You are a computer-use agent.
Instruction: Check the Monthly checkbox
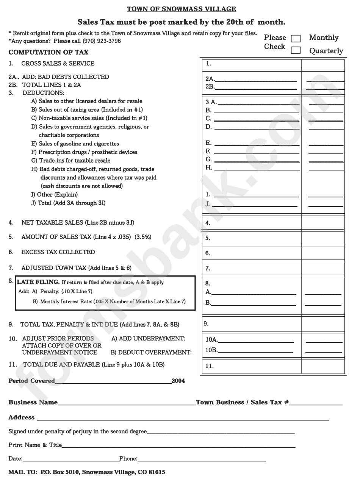point(296,38)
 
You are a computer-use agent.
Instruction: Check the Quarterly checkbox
point(296,50)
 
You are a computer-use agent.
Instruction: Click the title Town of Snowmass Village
point(181,9)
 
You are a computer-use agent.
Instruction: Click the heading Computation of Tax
point(49,52)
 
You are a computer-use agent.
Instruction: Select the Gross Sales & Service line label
point(58,63)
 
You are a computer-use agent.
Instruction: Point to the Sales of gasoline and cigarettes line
point(78,144)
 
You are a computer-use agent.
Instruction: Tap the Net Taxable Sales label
point(52,222)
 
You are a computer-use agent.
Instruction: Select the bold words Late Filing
point(38,282)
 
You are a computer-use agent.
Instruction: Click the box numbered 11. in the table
point(251,366)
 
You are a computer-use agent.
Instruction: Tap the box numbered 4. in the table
point(251,223)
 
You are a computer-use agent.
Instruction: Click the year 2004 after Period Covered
point(178,381)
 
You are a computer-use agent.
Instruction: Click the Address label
point(21,417)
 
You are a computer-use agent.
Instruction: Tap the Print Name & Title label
point(35,445)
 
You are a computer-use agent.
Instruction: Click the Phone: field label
point(128,458)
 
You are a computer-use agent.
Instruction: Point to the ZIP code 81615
point(157,472)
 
